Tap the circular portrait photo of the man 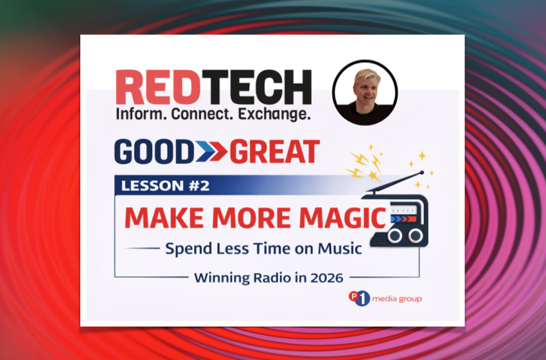coord(365,93)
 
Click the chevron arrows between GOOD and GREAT coord(211,152)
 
